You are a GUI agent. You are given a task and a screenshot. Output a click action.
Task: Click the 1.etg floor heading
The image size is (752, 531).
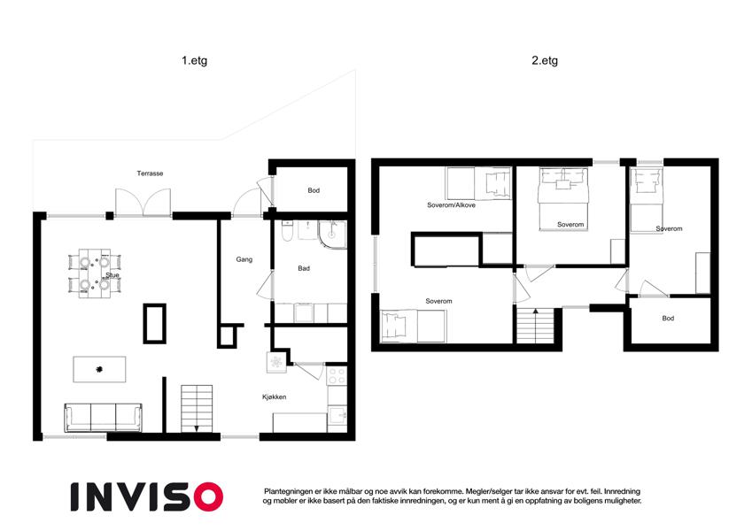(194, 61)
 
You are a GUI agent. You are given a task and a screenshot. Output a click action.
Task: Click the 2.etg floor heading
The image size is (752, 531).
(545, 61)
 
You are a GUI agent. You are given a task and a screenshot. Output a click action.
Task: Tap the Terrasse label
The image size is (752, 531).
(150, 173)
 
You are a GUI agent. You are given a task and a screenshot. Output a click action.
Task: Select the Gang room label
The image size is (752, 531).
(244, 259)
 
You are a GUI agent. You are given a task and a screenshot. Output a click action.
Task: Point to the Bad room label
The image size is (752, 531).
(304, 268)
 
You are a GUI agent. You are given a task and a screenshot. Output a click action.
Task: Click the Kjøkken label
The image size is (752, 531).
(275, 396)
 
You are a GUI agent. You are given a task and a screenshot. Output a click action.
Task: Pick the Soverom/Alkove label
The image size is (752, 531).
(452, 205)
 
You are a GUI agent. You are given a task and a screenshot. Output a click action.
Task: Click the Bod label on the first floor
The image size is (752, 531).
(314, 190)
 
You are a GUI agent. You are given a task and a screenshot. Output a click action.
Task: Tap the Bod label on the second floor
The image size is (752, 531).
(668, 319)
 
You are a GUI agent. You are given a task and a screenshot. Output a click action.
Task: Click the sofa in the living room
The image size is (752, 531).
(103, 418)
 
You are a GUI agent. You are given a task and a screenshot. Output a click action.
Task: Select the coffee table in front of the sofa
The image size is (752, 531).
(99, 369)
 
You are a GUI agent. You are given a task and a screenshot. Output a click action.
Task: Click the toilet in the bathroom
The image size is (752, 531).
(287, 231)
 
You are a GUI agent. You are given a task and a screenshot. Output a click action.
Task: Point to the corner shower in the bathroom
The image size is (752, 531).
(332, 235)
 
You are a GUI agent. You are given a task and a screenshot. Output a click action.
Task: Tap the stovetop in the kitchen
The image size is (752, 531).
(337, 376)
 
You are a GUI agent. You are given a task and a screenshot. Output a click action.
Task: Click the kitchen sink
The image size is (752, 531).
(337, 415)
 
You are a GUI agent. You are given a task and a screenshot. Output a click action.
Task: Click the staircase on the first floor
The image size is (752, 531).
(197, 408)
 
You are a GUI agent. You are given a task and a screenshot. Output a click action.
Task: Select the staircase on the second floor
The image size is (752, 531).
(535, 326)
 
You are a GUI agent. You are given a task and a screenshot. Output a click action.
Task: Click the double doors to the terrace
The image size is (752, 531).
(143, 204)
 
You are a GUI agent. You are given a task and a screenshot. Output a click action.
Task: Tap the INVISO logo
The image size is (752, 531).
(147, 496)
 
